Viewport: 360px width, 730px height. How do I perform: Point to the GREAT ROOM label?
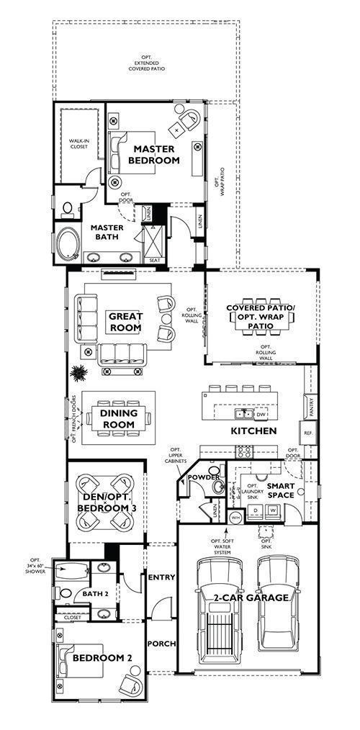(125, 322)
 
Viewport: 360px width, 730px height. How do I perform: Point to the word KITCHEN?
(253, 431)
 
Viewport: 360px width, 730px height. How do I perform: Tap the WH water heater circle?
(235, 517)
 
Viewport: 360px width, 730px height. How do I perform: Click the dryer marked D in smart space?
(255, 510)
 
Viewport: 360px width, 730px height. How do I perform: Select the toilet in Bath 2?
(65, 594)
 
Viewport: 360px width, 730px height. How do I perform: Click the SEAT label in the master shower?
(154, 260)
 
